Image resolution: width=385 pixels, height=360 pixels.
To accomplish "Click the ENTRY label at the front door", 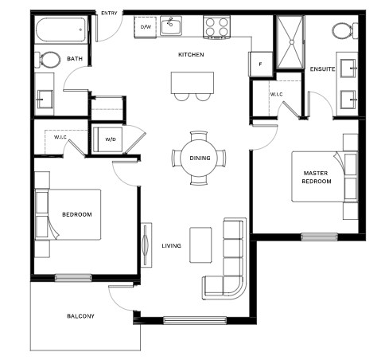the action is click(109, 13).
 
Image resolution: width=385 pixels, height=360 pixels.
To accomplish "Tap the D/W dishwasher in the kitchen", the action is click(146, 27).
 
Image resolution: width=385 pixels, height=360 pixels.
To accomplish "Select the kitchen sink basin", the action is click(171, 25).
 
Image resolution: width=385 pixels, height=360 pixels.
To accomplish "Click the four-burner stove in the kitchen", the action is click(216, 27).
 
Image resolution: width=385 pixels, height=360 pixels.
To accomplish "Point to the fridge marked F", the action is click(260, 64).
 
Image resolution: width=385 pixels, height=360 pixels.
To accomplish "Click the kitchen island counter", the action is click(192, 82).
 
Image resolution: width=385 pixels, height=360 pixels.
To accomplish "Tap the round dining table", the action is click(199, 158).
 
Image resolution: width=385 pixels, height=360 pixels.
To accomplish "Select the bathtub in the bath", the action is click(61, 29).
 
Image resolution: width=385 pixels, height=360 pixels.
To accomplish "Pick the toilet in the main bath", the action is click(48, 60).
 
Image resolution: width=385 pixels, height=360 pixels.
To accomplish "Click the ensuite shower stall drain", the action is click(292, 42).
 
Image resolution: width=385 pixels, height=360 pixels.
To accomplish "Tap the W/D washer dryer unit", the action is click(108, 140).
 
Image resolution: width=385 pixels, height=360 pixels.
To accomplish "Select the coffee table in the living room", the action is click(200, 245).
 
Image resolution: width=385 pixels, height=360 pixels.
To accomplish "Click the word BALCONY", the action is click(80, 316).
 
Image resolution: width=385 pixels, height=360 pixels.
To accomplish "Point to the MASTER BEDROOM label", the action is click(316, 178).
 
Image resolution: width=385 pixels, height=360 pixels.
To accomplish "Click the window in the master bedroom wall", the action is click(319, 237).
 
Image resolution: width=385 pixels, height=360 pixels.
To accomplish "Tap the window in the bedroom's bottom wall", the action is click(73, 278).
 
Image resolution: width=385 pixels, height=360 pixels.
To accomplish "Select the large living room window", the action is click(195, 320).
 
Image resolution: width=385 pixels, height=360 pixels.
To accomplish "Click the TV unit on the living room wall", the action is click(146, 245).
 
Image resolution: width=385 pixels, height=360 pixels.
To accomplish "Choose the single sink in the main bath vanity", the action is click(45, 100).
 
